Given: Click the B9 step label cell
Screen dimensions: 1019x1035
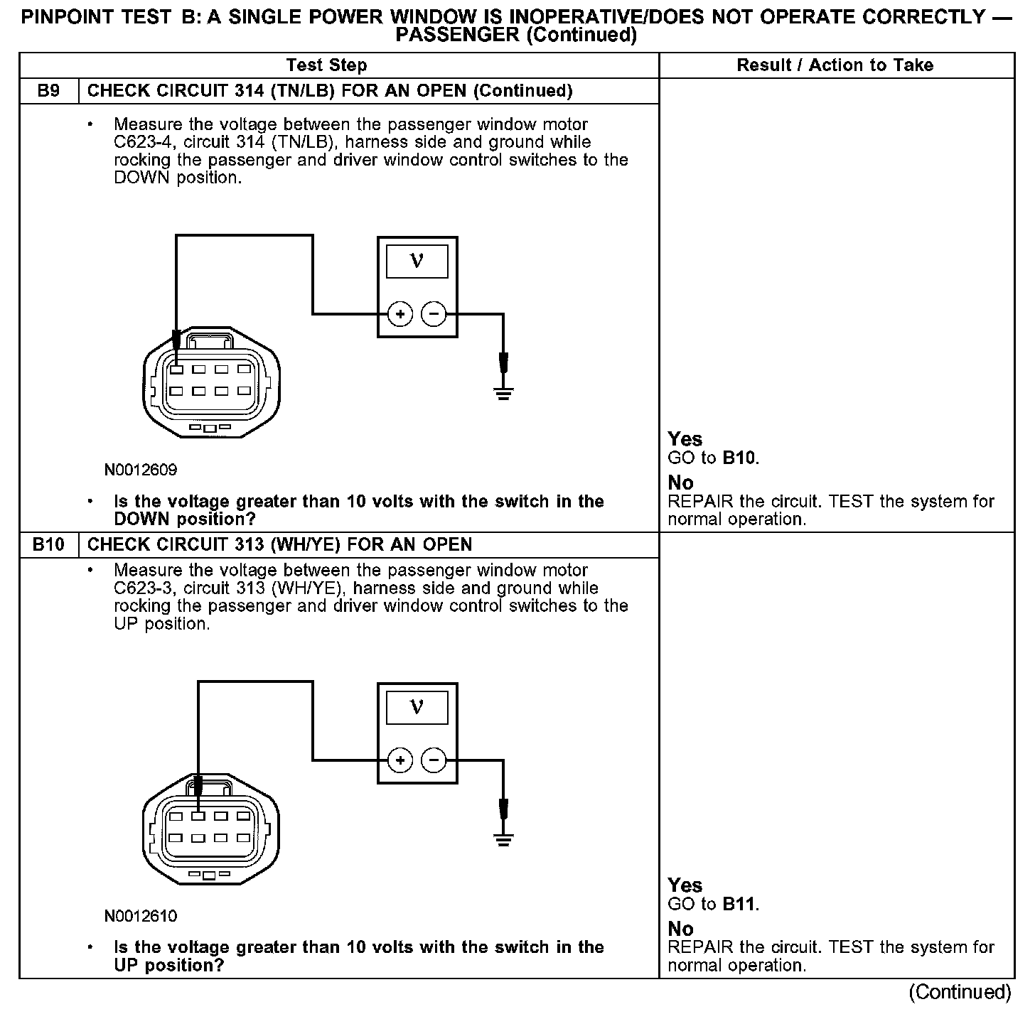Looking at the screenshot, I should (x=48, y=91).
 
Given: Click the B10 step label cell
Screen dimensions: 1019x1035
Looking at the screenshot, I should (x=48, y=545).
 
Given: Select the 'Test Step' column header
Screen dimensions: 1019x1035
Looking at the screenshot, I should (x=326, y=65).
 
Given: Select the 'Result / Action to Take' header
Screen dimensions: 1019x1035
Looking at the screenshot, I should (x=835, y=65).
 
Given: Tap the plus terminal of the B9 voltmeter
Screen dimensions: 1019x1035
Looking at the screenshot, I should (x=400, y=313).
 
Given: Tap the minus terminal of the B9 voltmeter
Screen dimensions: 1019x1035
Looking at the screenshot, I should (x=434, y=313).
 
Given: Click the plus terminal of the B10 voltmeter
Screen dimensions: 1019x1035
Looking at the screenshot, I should (x=400, y=760).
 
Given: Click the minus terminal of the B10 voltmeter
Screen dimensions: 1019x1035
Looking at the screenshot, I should (x=434, y=760).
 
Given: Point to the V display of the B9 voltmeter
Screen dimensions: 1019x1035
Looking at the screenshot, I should (x=417, y=262).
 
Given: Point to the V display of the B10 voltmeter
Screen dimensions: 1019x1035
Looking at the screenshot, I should (x=417, y=708).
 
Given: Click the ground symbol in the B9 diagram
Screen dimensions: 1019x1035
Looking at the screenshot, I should (x=503, y=393).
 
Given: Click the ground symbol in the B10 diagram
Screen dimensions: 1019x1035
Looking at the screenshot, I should (x=503, y=839).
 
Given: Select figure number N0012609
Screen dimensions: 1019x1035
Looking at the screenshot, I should (x=141, y=470).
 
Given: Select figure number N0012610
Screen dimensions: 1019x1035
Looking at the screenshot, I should (x=141, y=917).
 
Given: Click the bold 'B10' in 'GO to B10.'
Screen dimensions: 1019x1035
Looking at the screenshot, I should (x=740, y=458).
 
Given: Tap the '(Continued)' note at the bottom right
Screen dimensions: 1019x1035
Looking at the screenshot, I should (x=960, y=992).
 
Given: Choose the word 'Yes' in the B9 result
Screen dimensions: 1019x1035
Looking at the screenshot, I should (x=685, y=439).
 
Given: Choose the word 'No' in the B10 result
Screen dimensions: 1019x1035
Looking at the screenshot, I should (x=680, y=929).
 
